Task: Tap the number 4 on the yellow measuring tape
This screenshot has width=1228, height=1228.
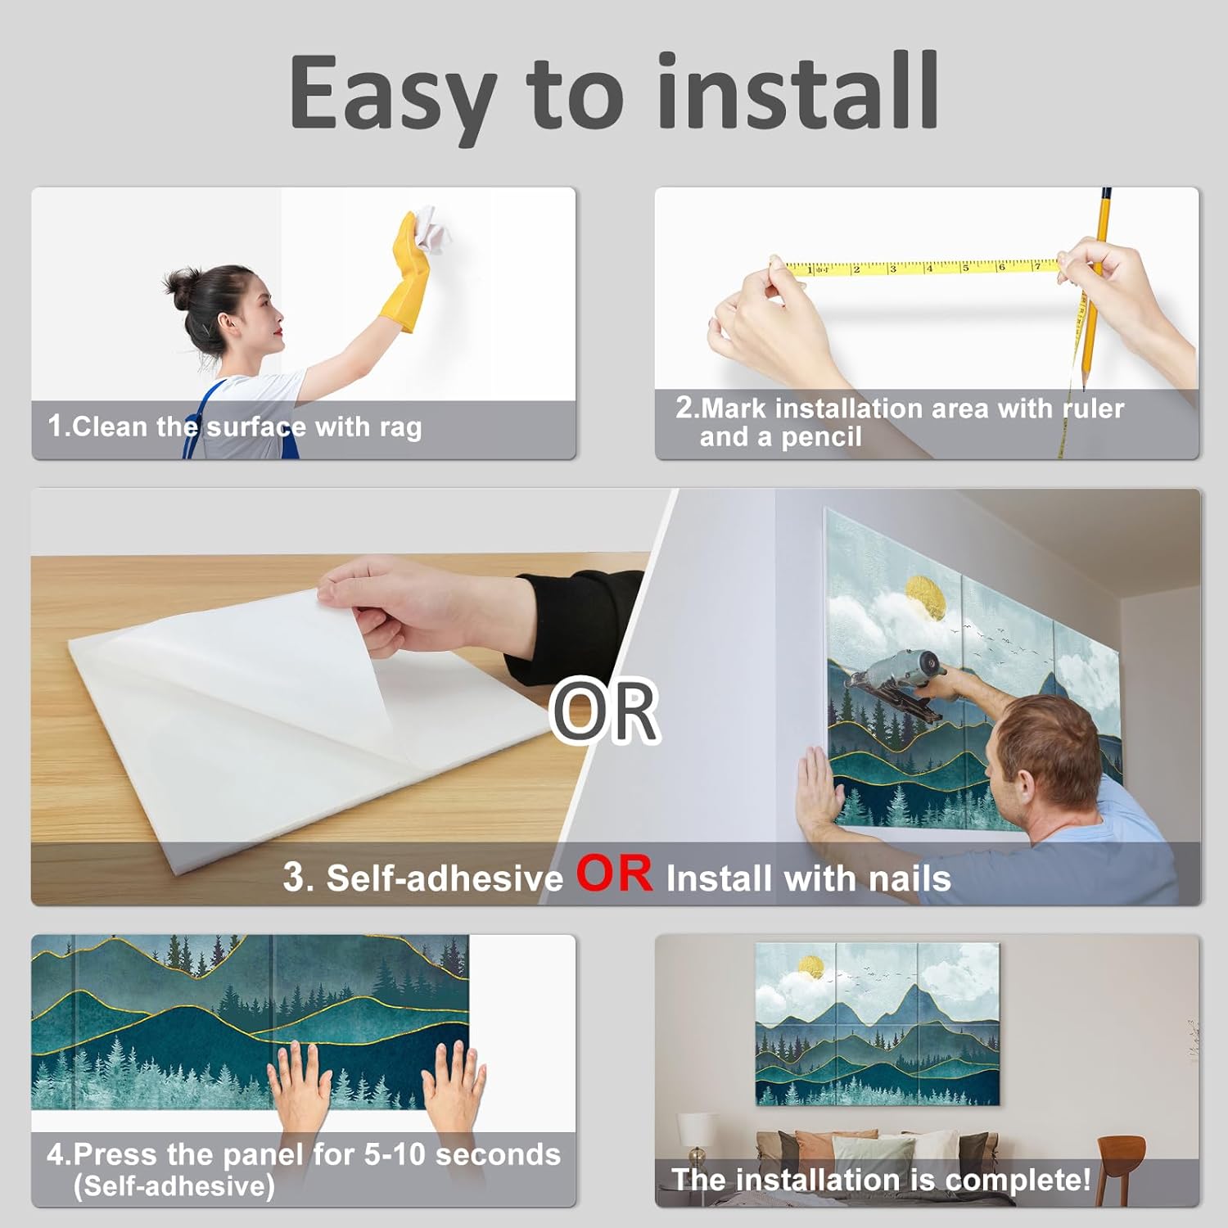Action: (928, 268)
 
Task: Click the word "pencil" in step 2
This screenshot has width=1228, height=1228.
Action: (821, 437)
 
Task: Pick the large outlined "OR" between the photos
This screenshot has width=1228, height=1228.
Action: (605, 711)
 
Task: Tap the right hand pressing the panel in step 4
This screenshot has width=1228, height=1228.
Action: (455, 1086)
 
